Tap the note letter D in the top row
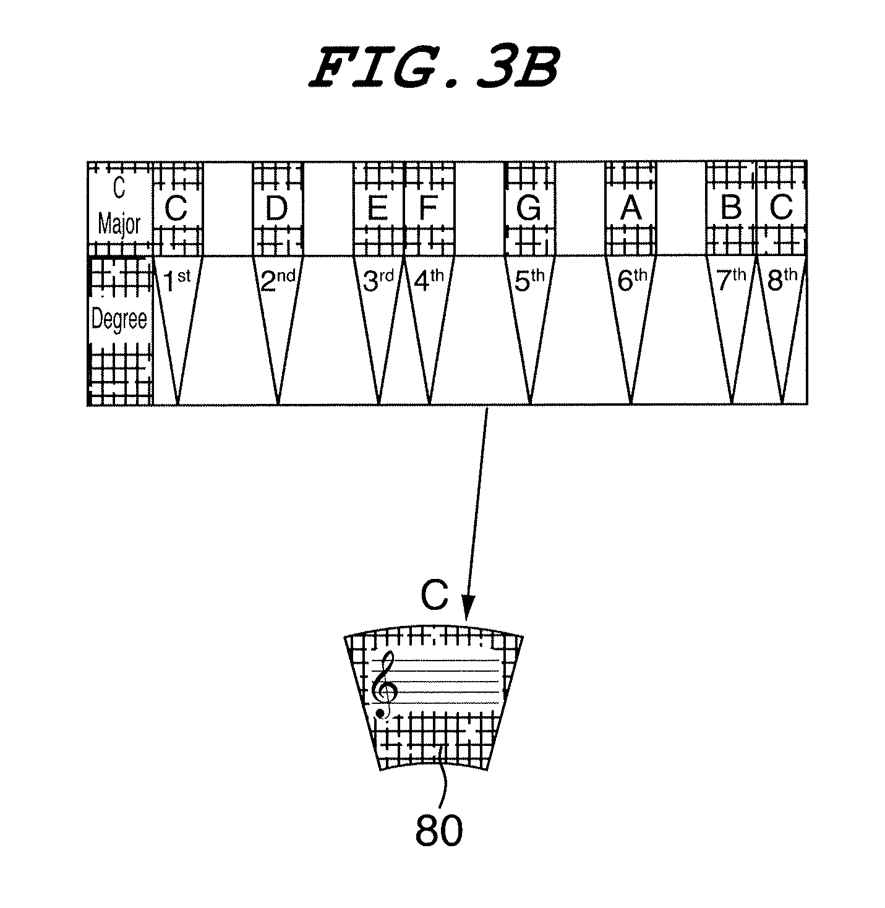click(x=276, y=209)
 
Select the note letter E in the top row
click(x=377, y=209)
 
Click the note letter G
click(x=529, y=209)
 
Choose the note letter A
click(x=630, y=209)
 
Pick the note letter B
click(x=731, y=208)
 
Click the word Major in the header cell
click(x=119, y=225)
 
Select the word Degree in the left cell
click(x=119, y=320)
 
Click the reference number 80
click(x=438, y=830)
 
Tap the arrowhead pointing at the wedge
click(x=468, y=609)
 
